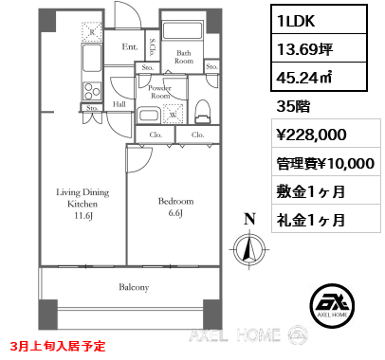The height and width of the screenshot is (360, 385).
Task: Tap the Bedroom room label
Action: coord(175,201)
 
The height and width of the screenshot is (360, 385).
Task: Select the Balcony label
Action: coord(134,285)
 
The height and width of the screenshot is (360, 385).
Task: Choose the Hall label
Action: coord(120,104)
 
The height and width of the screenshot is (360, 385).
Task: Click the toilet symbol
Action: coord(201,112)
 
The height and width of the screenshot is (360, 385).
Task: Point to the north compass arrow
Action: coord(249,249)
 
